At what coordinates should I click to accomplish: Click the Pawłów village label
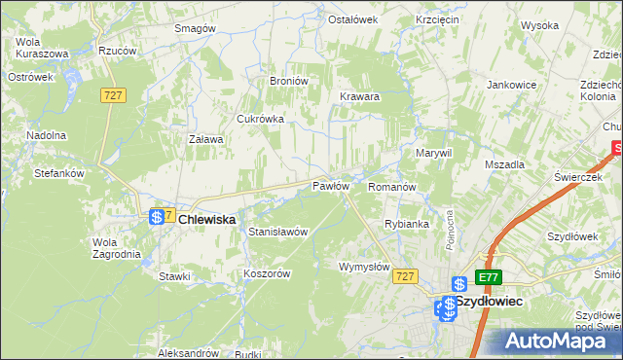coord(330,185)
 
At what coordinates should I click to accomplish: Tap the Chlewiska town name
coord(207,221)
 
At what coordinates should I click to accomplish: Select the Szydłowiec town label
coord(489,303)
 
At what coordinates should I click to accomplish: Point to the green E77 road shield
coord(489,277)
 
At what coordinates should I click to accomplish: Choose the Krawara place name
coord(359,97)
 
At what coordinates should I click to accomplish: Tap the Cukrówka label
coord(260,119)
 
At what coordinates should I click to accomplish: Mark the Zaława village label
coord(205,139)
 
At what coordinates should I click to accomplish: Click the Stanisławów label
coord(278,233)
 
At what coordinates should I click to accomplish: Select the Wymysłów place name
coord(364,267)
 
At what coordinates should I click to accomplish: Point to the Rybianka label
coord(407,224)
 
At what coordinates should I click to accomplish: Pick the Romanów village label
coord(392,186)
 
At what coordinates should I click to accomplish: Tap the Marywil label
coord(434,154)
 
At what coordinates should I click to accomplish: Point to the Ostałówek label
coord(351,19)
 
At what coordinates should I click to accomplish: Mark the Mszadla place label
coord(504,164)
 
